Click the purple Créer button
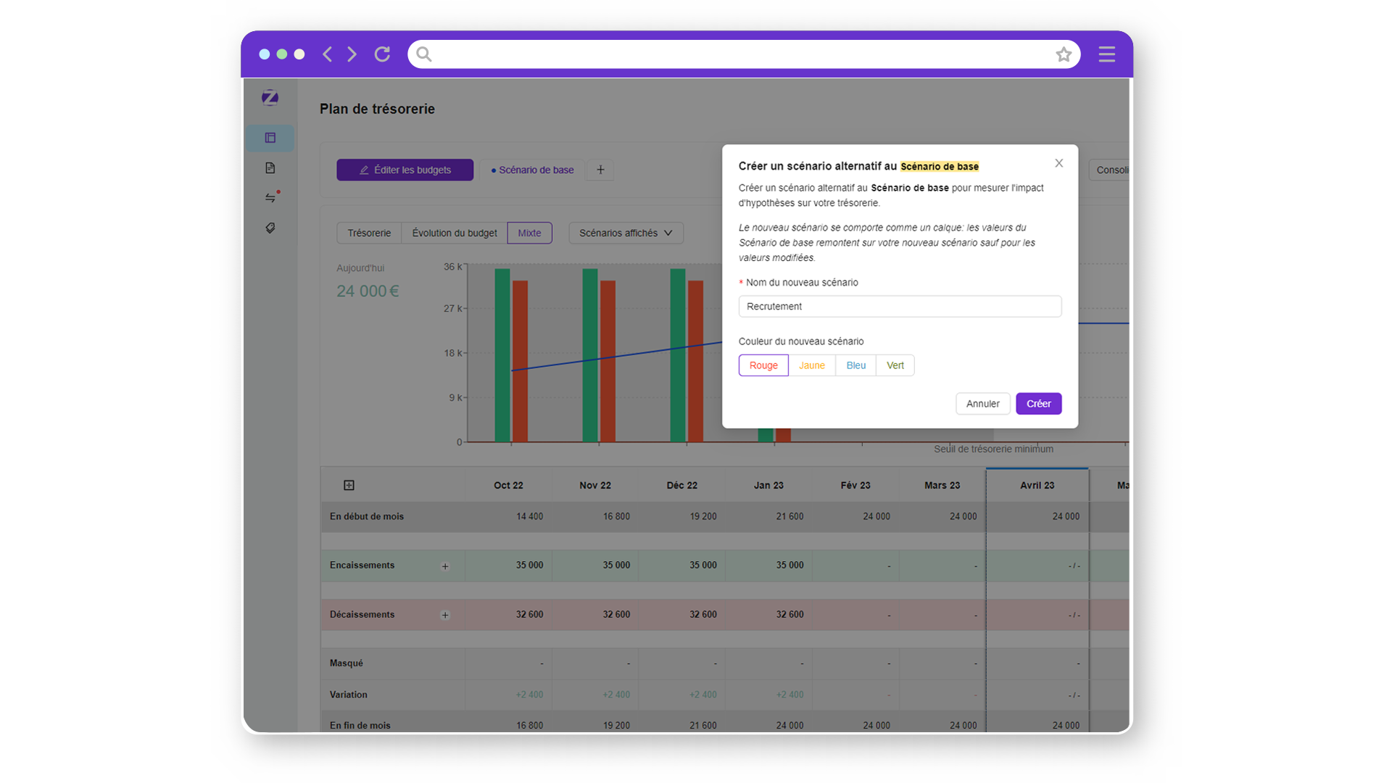click(x=1038, y=404)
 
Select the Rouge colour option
click(x=763, y=365)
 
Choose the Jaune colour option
click(x=811, y=365)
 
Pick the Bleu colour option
click(x=855, y=365)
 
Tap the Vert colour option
click(x=895, y=365)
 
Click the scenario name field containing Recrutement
click(x=900, y=307)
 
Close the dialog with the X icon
click(x=1059, y=163)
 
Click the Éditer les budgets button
click(x=405, y=170)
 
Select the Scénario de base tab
click(x=533, y=170)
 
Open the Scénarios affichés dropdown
click(x=626, y=233)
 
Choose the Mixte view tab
click(x=529, y=233)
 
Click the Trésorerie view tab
click(x=369, y=233)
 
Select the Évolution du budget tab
click(x=455, y=233)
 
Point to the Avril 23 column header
click(x=1037, y=485)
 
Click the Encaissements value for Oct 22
click(x=529, y=565)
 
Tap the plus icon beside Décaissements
click(x=445, y=615)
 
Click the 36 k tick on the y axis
click(x=452, y=267)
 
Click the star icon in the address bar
click(x=1064, y=54)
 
